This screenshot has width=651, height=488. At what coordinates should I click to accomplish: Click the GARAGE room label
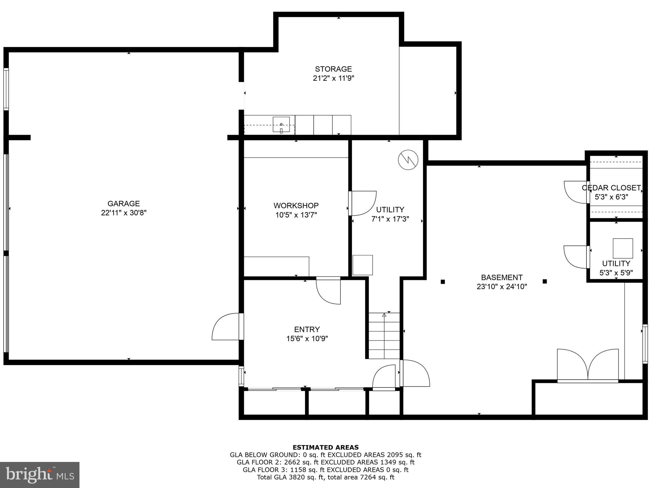click(123, 204)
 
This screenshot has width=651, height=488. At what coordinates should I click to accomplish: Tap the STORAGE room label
click(333, 69)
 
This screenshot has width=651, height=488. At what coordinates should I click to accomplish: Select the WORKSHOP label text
click(296, 206)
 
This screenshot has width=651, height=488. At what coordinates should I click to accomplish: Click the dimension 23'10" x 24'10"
click(502, 287)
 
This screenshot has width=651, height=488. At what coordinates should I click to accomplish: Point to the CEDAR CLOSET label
click(611, 188)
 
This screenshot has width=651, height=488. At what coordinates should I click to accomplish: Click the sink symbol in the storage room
click(281, 124)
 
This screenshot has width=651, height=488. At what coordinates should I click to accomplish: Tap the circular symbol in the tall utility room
click(408, 159)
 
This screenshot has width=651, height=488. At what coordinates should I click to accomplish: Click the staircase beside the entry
click(384, 336)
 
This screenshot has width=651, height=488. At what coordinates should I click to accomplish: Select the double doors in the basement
click(588, 365)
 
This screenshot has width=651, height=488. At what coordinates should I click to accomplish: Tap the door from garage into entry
click(226, 327)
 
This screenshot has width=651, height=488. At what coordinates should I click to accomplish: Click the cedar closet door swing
click(575, 192)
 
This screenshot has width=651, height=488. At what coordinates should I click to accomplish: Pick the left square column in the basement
click(443, 281)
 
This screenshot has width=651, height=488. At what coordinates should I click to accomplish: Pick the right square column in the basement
click(545, 281)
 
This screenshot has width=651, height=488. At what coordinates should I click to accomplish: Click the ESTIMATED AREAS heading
click(325, 447)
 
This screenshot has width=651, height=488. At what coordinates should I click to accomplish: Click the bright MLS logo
click(40, 475)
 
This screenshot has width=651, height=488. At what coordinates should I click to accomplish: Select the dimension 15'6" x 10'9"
click(307, 339)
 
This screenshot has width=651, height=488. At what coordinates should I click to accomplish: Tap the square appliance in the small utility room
click(623, 248)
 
